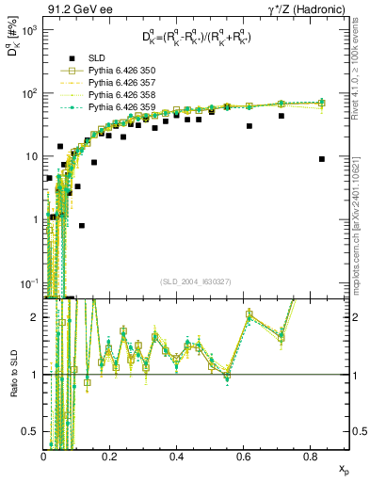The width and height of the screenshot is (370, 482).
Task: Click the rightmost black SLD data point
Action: point(322,159)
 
